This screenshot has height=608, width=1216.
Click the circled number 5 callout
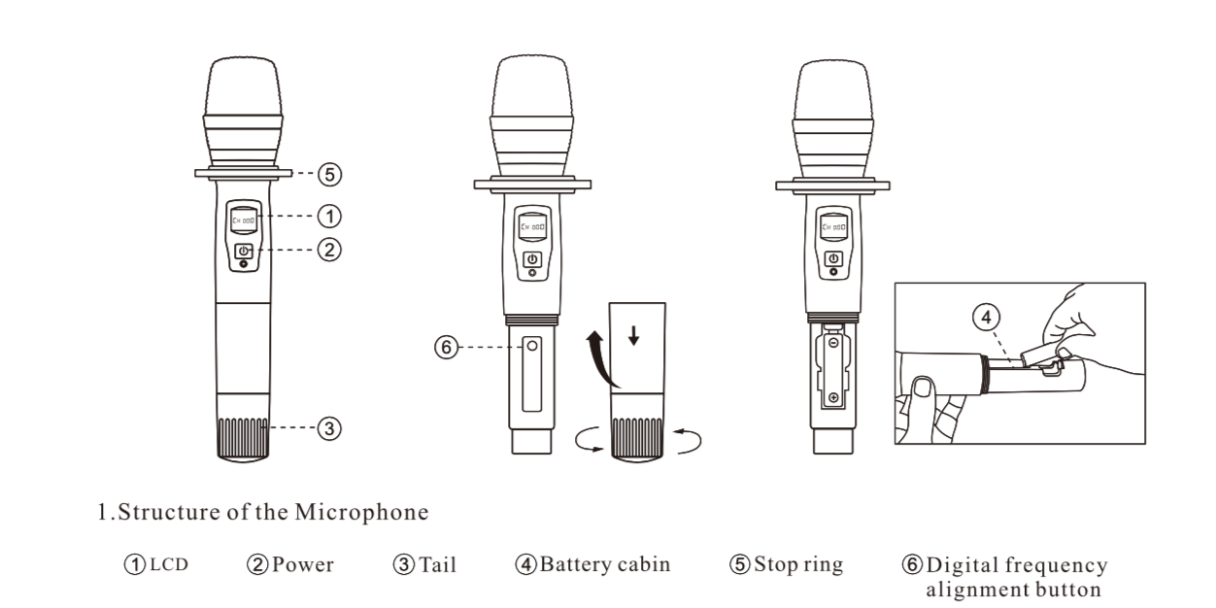tap(331, 175)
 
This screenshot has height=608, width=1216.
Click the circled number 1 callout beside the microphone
tap(331, 214)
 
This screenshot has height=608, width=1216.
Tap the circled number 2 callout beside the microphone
tap(331, 249)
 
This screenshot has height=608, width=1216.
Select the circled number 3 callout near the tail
tap(330, 426)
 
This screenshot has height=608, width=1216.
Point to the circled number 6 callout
tap(446, 346)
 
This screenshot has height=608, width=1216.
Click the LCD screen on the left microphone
tap(243, 221)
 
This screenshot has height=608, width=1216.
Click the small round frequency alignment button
tap(531, 345)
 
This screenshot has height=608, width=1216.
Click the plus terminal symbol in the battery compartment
tap(833, 397)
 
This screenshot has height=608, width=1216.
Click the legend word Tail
tap(437, 565)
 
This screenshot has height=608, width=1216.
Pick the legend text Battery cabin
tap(604, 564)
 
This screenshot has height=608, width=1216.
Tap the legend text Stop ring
tap(798, 564)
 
